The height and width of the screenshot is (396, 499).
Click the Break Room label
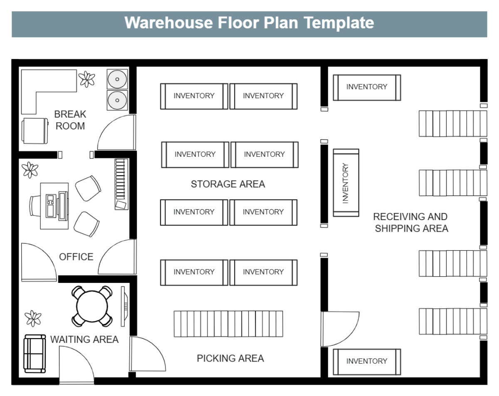(70, 120)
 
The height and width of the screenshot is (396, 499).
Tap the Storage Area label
(228, 184)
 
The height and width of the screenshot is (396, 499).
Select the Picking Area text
(230, 358)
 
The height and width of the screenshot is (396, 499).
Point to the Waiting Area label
(84, 339)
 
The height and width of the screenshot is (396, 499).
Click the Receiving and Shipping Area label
(411, 223)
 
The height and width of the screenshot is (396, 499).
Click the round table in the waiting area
(92, 306)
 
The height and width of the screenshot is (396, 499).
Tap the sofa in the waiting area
(35, 354)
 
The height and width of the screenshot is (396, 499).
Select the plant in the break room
(87, 79)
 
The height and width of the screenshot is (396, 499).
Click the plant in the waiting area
(33, 319)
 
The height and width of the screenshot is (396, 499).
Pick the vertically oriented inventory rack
(346, 183)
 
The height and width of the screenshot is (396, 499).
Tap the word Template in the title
(338, 23)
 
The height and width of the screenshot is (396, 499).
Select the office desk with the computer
(54, 206)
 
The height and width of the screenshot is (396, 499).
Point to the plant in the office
(30, 170)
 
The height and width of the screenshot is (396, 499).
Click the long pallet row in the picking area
(228, 324)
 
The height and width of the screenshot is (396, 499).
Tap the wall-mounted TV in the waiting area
(124, 307)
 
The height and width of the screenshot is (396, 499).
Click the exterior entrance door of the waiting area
(77, 365)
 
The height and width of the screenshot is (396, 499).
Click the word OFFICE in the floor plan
(76, 257)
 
